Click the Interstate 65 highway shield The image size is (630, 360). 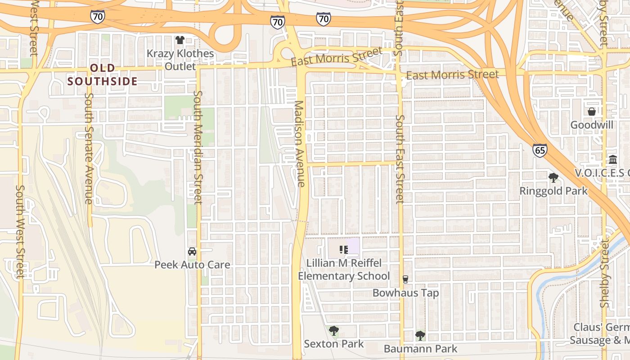pyautogui.click(x=540, y=150)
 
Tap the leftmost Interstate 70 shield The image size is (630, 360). pyautogui.click(x=97, y=17)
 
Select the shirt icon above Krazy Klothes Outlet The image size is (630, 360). pyautogui.click(x=180, y=40)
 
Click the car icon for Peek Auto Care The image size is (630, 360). pyautogui.click(x=192, y=252)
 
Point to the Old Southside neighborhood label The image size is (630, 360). pyautogui.click(x=103, y=75)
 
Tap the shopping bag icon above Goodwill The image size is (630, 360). pyautogui.click(x=591, y=111)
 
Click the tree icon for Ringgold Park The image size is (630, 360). pyautogui.click(x=553, y=177)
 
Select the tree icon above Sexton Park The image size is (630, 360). pyautogui.click(x=333, y=331)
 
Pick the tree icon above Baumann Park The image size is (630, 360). pyautogui.click(x=420, y=335)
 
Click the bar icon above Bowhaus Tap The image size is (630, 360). pyautogui.click(x=405, y=279)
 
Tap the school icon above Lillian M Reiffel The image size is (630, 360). pyautogui.click(x=344, y=249)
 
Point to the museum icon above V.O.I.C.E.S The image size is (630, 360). pyautogui.click(x=612, y=160)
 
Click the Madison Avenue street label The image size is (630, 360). pyautogui.click(x=300, y=144)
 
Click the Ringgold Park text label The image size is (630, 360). pyautogui.click(x=553, y=191)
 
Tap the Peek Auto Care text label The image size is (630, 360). pyautogui.click(x=192, y=265)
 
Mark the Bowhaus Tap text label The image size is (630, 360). pyautogui.click(x=405, y=293)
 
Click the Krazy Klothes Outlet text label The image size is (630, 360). pyautogui.click(x=180, y=60)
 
